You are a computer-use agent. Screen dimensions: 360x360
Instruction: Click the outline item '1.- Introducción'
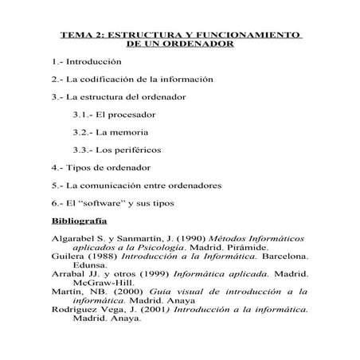coord(86,61)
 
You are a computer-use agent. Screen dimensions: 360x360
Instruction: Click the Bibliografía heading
coord(79,220)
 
